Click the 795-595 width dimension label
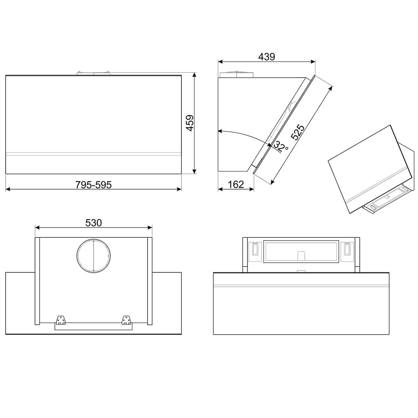tap(93, 185)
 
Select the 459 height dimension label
tap(190, 123)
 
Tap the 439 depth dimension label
tap(267, 57)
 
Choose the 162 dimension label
tap(236, 185)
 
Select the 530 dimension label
tap(94, 223)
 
